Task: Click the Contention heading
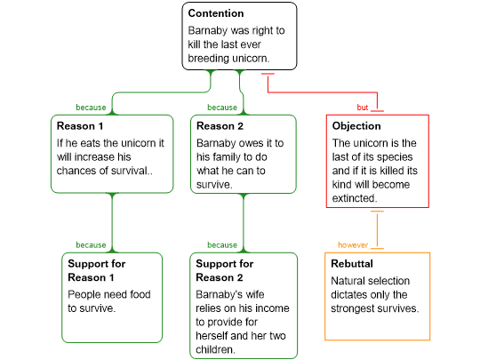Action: (216, 13)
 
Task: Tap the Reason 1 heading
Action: (80, 126)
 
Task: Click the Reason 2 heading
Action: (220, 126)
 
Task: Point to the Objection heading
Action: (356, 126)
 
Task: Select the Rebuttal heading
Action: (352, 264)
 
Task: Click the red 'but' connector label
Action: (363, 108)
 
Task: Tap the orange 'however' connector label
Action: (353, 245)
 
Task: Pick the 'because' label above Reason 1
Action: (91, 108)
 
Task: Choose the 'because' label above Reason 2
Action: (222, 108)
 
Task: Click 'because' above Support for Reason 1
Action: (91, 245)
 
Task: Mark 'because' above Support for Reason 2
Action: (222, 245)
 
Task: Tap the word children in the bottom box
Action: (214, 349)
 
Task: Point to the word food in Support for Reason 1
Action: (140, 294)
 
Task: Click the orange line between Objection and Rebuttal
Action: (377, 229)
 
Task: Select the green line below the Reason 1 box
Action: (112, 223)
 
